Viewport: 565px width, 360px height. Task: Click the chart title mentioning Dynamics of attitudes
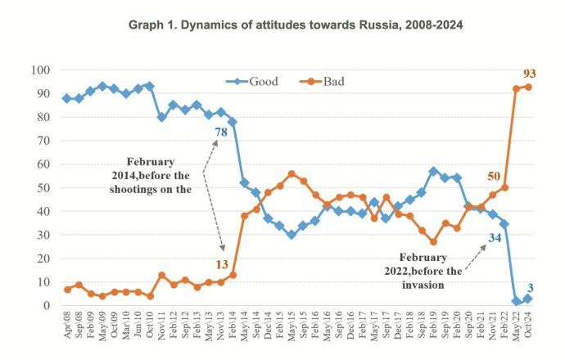point(296,25)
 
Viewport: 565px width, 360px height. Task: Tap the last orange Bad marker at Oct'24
point(528,87)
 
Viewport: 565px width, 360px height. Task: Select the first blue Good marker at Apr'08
point(67,98)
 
